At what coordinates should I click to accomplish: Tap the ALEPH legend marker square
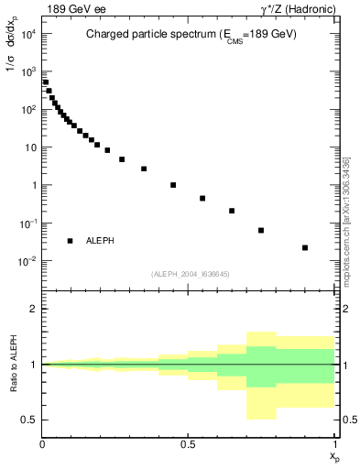[x=70, y=241]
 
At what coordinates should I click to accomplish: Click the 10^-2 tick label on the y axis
[x=27, y=261]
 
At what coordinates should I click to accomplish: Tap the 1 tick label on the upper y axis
[x=33, y=185]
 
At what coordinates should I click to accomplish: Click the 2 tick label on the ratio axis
[x=33, y=309]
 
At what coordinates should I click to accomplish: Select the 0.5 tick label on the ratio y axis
[x=28, y=420]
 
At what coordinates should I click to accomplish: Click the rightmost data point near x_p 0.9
[x=305, y=247]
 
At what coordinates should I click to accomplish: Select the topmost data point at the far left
[x=46, y=82]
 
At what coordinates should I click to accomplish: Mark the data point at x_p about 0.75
[x=261, y=230]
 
